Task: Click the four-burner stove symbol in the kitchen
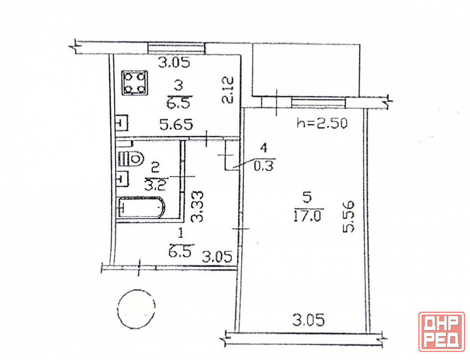coord(135,83)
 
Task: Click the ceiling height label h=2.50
coord(322,123)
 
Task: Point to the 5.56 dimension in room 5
coord(349,217)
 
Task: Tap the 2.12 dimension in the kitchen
coord(228,90)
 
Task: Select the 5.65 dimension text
coord(176,125)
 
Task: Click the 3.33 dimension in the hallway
coord(197,206)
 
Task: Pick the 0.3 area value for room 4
coord(264,166)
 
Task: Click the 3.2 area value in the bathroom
coord(155,185)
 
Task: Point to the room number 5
coord(307,198)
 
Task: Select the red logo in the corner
coord(442,331)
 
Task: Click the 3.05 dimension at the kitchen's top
coord(174,63)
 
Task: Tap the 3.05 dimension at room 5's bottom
coord(308,321)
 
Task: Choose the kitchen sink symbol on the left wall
coord(122,123)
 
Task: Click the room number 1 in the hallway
coord(180,233)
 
